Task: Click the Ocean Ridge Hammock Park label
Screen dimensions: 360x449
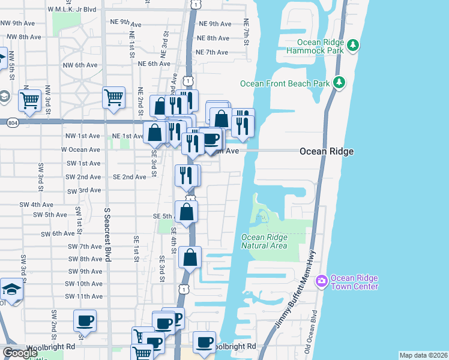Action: tap(323, 47)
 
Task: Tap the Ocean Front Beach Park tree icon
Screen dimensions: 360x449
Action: tap(340, 83)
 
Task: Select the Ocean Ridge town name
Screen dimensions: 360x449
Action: tap(327, 152)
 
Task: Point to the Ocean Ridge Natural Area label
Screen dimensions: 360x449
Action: tap(264, 241)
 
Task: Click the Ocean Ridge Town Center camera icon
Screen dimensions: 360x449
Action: tap(322, 280)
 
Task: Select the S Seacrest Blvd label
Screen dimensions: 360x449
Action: tap(107, 235)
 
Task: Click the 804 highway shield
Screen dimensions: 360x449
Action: tap(13, 123)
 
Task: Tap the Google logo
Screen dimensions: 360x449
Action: tap(20, 353)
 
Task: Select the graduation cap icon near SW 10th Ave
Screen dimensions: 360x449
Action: tap(11, 289)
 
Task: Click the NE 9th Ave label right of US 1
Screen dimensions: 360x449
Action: tap(214, 24)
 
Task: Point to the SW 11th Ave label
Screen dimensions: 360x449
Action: tap(85, 296)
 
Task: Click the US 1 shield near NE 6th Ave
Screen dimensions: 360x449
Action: tap(188, 80)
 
